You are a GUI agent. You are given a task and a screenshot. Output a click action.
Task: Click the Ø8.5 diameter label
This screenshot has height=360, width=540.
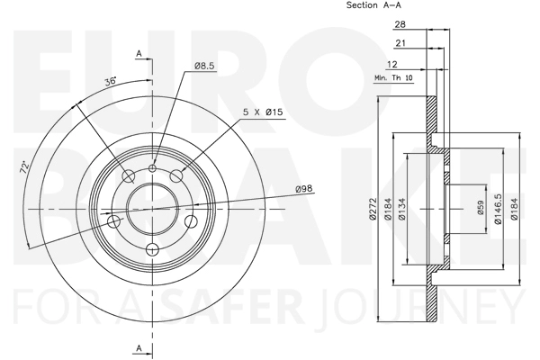[205, 66]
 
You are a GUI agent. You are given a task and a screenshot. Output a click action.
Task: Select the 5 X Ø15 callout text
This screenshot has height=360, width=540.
[263, 112]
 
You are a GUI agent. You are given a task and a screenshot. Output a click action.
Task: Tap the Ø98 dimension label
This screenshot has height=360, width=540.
[304, 188]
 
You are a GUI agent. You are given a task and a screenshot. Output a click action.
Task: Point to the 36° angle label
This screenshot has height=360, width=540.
[111, 82]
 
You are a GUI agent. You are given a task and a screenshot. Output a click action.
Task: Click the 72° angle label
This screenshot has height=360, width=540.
[24, 167]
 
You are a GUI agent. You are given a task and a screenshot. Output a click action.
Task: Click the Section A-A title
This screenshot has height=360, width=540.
[373, 5]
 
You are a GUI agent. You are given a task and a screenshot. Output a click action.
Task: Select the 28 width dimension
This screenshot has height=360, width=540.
[400, 24]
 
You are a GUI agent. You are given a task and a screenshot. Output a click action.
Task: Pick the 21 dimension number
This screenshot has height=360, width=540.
[400, 43]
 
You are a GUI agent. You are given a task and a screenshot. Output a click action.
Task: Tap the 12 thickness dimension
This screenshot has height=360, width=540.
[392, 64]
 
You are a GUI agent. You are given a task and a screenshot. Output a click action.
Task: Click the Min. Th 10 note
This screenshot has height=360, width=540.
[393, 78]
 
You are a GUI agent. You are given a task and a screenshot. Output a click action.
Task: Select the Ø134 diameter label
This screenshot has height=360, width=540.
[402, 209]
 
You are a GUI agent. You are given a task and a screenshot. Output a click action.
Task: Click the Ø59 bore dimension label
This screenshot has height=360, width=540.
[481, 208]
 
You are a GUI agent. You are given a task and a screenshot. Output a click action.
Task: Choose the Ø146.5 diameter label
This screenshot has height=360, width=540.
[498, 209]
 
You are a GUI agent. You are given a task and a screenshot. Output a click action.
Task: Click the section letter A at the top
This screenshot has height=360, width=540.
[139, 54]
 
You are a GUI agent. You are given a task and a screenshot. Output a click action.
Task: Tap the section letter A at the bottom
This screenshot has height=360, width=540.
[139, 348]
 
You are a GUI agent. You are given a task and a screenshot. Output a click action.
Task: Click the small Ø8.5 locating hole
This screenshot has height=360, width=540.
[153, 168]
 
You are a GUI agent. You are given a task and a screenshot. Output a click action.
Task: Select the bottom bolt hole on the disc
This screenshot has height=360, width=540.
[153, 249]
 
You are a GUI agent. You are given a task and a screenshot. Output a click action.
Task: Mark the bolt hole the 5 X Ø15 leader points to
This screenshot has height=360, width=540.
[177, 175]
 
